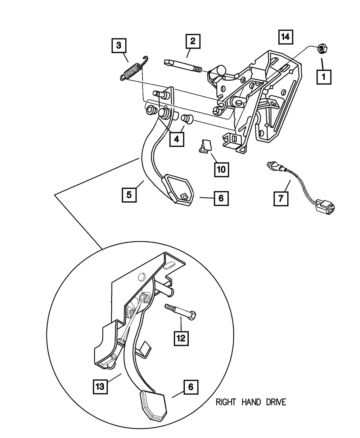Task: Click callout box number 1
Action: click(x=324, y=77)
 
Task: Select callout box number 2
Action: click(x=193, y=41)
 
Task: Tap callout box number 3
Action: click(x=118, y=46)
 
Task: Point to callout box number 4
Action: click(x=176, y=139)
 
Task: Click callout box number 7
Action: click(x=281, y=198)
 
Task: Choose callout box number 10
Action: click(x=221, y=169)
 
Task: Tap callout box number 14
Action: click(x=285, y=36)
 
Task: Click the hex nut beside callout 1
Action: click(x=321, y=48)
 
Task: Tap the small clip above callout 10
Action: click(x=205, y=147)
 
